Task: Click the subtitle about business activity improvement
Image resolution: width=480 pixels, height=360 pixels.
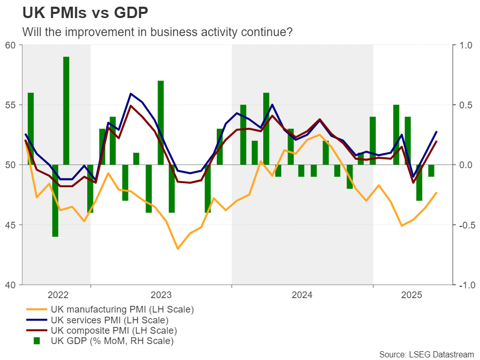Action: click(157, 31)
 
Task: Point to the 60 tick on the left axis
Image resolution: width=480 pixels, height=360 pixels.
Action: click(11, 45)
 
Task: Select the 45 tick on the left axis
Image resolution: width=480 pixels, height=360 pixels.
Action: click(11, 225)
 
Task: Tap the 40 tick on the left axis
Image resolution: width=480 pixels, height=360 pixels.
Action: click(11, 285)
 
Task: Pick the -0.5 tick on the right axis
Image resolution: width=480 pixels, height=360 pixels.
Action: click(465, 225)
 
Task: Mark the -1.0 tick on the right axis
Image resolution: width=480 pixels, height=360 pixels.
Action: click(465, 285)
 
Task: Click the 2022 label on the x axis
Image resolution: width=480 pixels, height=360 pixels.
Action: click(58, 296)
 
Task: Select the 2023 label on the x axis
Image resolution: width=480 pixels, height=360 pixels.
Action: click(161, 296)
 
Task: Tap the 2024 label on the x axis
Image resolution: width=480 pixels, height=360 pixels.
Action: click(302, 296)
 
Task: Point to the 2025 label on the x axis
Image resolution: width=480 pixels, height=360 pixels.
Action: click(412, 296)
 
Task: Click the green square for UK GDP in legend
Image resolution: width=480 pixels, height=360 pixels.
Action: click(37, 340)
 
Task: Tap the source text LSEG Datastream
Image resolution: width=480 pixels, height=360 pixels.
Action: click(426, 354)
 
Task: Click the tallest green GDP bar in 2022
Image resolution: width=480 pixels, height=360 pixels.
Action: click(67, 110)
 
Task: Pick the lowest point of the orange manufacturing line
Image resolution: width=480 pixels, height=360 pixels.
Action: click(178, 249)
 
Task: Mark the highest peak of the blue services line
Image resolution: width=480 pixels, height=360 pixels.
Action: click(131, 94)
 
